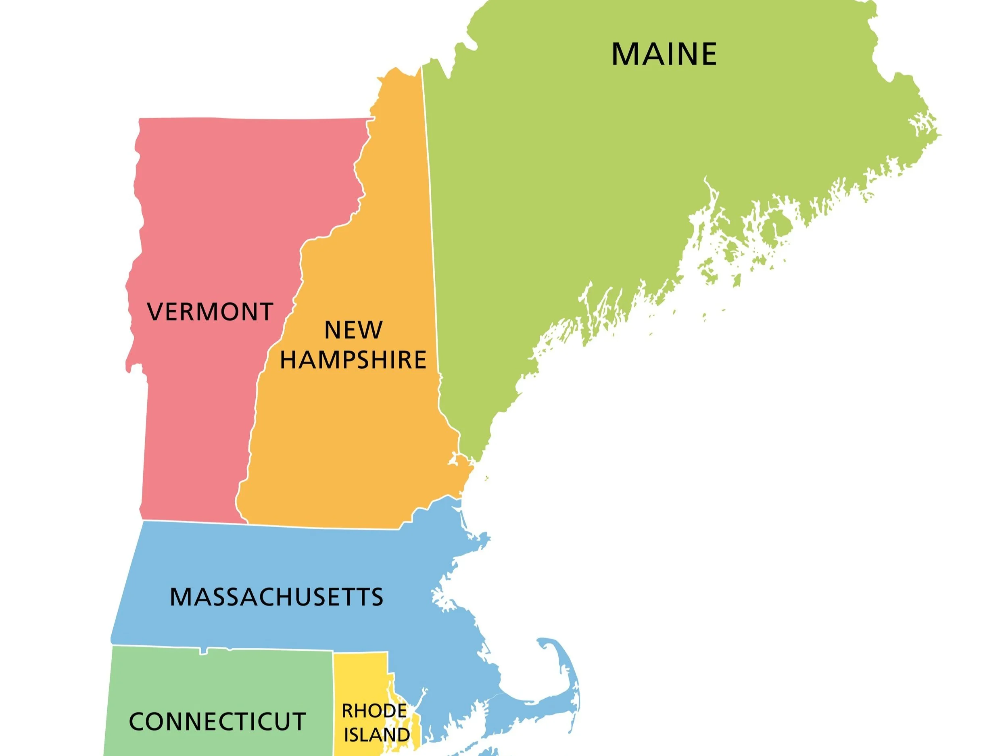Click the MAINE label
[664, 54]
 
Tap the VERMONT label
[210, 312]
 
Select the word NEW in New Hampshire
[353, 330]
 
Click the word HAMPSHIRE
[353, 360]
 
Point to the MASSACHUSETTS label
[277, 597]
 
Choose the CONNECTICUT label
[217, 722]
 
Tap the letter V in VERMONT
[155, 312]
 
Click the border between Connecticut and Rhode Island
[333, 702]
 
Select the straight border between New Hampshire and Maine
[431, 228]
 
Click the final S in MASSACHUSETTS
[377, 597]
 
